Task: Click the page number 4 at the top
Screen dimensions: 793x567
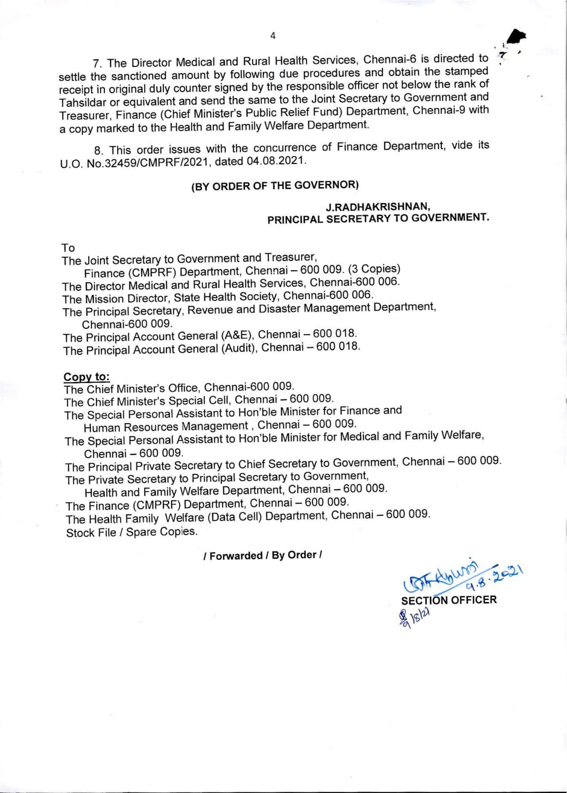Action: [273, 36]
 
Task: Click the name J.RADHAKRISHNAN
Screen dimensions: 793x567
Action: [378, 206]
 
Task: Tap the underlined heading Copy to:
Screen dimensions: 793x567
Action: [86, 377]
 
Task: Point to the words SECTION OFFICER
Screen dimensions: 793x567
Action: [449, 600]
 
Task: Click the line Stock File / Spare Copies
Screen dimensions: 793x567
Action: [131, 532]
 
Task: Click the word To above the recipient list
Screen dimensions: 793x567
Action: [68, 248]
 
